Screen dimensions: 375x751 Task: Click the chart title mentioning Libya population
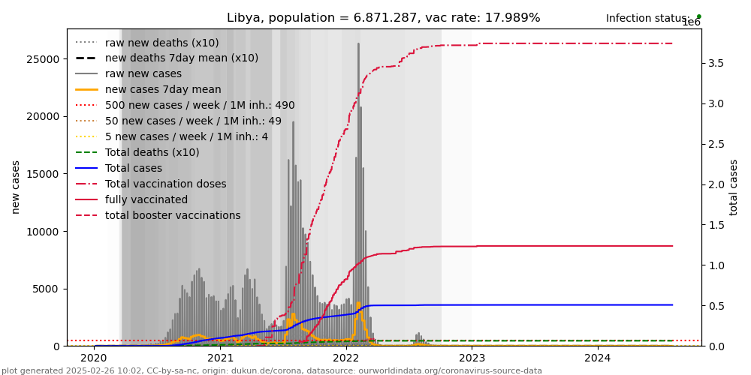tap(383, 18)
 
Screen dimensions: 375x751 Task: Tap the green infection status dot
tap(698, 16)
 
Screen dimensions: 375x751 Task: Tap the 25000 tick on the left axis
tap(44, 58)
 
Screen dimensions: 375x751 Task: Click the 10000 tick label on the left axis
tap(44, 231)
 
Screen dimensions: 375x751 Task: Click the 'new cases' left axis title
tap(16, 187)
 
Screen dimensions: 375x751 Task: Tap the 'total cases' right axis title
tap(734, 187)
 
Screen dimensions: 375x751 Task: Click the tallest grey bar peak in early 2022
tap(358, 45)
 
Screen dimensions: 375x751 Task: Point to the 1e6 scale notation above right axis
tap(691, 22)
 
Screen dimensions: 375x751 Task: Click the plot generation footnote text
tap(272, 370)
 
